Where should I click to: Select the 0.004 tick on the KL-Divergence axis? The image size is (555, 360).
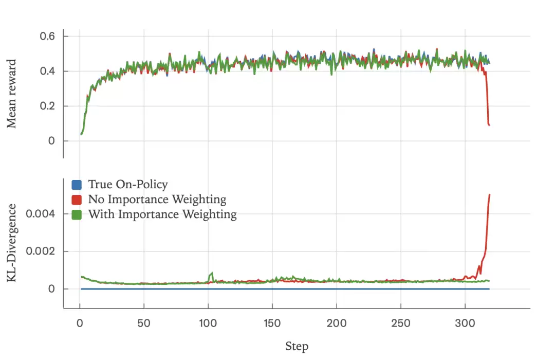point(44,213)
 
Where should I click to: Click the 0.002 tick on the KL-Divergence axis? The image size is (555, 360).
point(44,251)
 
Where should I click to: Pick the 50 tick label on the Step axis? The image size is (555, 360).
point(144,323)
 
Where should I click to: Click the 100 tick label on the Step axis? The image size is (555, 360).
point(208,323)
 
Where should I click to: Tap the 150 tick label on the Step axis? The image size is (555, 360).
point(272,323)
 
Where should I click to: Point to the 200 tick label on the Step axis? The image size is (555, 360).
point(337,323)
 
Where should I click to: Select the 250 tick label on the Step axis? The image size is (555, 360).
point(401,323)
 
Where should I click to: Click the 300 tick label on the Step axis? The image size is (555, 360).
point(465,323)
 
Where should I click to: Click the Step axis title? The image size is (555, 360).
point(297,346)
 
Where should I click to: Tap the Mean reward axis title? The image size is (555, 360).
point(12,94)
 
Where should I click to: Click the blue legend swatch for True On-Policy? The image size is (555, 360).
point(77,185)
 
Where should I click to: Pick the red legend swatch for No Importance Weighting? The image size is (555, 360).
point(77,200)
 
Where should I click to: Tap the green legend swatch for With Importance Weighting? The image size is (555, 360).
point(77,214)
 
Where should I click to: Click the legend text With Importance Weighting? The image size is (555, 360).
point(162,214)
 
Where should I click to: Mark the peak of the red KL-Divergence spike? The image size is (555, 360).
point(489,195)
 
